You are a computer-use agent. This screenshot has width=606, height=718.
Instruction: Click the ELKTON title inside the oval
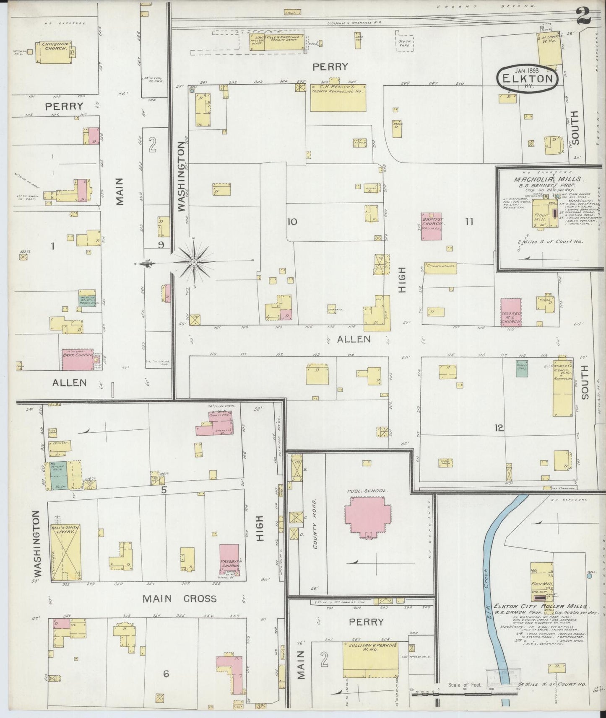[528, 78]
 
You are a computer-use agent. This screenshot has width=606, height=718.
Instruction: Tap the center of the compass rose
[194, 262]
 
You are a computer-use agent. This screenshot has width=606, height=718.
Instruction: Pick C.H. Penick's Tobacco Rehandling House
[338, 98]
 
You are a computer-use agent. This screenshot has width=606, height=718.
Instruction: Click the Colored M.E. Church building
[511, 312]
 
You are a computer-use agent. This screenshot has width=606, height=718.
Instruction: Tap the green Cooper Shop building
[521, 368]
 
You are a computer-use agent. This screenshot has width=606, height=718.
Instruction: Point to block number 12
[499, 428]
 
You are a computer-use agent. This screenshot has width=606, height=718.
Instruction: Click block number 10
[292, 222]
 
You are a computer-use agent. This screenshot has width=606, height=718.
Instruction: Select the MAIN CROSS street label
[179, 599]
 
